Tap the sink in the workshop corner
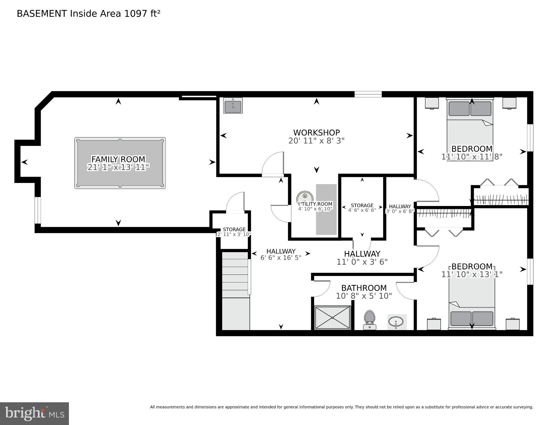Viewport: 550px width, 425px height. click(x=233, y=106)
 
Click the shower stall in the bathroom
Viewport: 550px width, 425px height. click(x=332, y=318)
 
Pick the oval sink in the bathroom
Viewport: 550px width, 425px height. click(x=396, y=322)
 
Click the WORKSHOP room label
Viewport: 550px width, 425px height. click(x=316, y=133)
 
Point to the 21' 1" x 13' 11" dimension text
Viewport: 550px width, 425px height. click(x=118, y=167)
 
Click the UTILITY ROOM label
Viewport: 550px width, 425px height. click(x=315, y=204)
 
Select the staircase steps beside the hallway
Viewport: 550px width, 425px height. click(x=235, y=274)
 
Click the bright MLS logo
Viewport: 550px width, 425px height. click(x=34, y=413)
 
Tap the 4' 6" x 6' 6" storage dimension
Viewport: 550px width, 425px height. click(x=362, y=210)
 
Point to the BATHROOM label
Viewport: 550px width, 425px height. click(x=364, y=288)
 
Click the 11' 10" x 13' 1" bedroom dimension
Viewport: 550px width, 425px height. click(x=472, y=274)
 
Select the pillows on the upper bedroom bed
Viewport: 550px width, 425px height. click(x=470, y=109)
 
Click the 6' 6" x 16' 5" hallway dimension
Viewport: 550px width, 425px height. click(x=281, y=258)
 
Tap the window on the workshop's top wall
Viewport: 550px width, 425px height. click(x=368, y=94)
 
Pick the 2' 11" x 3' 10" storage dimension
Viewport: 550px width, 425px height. click(x=234, y=235)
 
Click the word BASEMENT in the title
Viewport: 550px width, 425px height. click(x=42, y=14)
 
